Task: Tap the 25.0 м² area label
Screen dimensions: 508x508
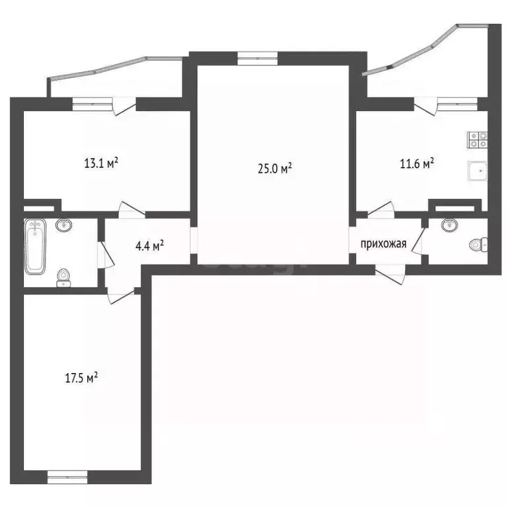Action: tap(275, 169)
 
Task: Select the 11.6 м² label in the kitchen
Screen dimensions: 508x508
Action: tap(417, 163)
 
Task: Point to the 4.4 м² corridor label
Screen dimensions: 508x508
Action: tap(149, 246)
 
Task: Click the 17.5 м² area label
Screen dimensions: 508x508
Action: tap(81, 378)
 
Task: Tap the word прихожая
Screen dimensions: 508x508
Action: tap(382, 243)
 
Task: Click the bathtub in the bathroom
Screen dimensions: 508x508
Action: tap(36, 247)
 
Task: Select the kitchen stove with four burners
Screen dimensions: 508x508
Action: tap(478, 140)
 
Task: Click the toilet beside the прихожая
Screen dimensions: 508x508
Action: tap(478, 245)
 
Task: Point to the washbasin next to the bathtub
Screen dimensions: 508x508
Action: tap(64, 226)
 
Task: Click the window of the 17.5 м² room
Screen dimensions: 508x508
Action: tap(67, 474)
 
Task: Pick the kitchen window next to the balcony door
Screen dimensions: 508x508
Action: tap(457, 102)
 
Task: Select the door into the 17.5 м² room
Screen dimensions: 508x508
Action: tap(121, 296)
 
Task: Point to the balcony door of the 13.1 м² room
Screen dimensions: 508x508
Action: tap(124, 105)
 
